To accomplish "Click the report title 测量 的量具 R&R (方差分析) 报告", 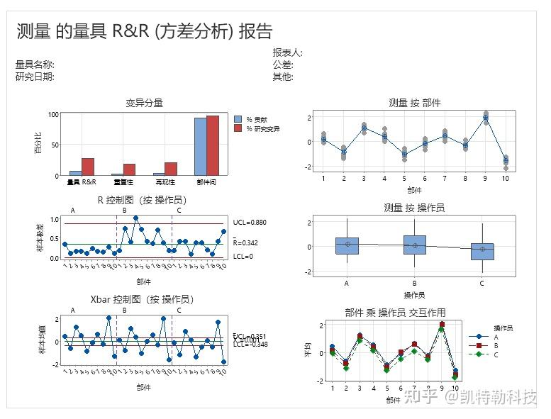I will click(144, 31).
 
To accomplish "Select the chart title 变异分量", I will click(144, 103).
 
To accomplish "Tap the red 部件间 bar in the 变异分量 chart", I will click(213, 145).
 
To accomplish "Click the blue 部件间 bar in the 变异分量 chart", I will click(201, 147).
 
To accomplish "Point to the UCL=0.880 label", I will click(249, 223).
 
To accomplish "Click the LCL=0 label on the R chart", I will click(243, 256).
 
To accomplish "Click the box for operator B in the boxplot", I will click(414, 245).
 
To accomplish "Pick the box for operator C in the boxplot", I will click(482, 252).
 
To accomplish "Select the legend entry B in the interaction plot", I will click(496, 345).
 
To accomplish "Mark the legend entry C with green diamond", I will click(496, 354).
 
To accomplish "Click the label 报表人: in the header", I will click(288, 53).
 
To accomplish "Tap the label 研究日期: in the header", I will click(35, 77).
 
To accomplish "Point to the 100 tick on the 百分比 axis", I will click(54, 115).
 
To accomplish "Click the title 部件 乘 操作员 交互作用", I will click(395, 313).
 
